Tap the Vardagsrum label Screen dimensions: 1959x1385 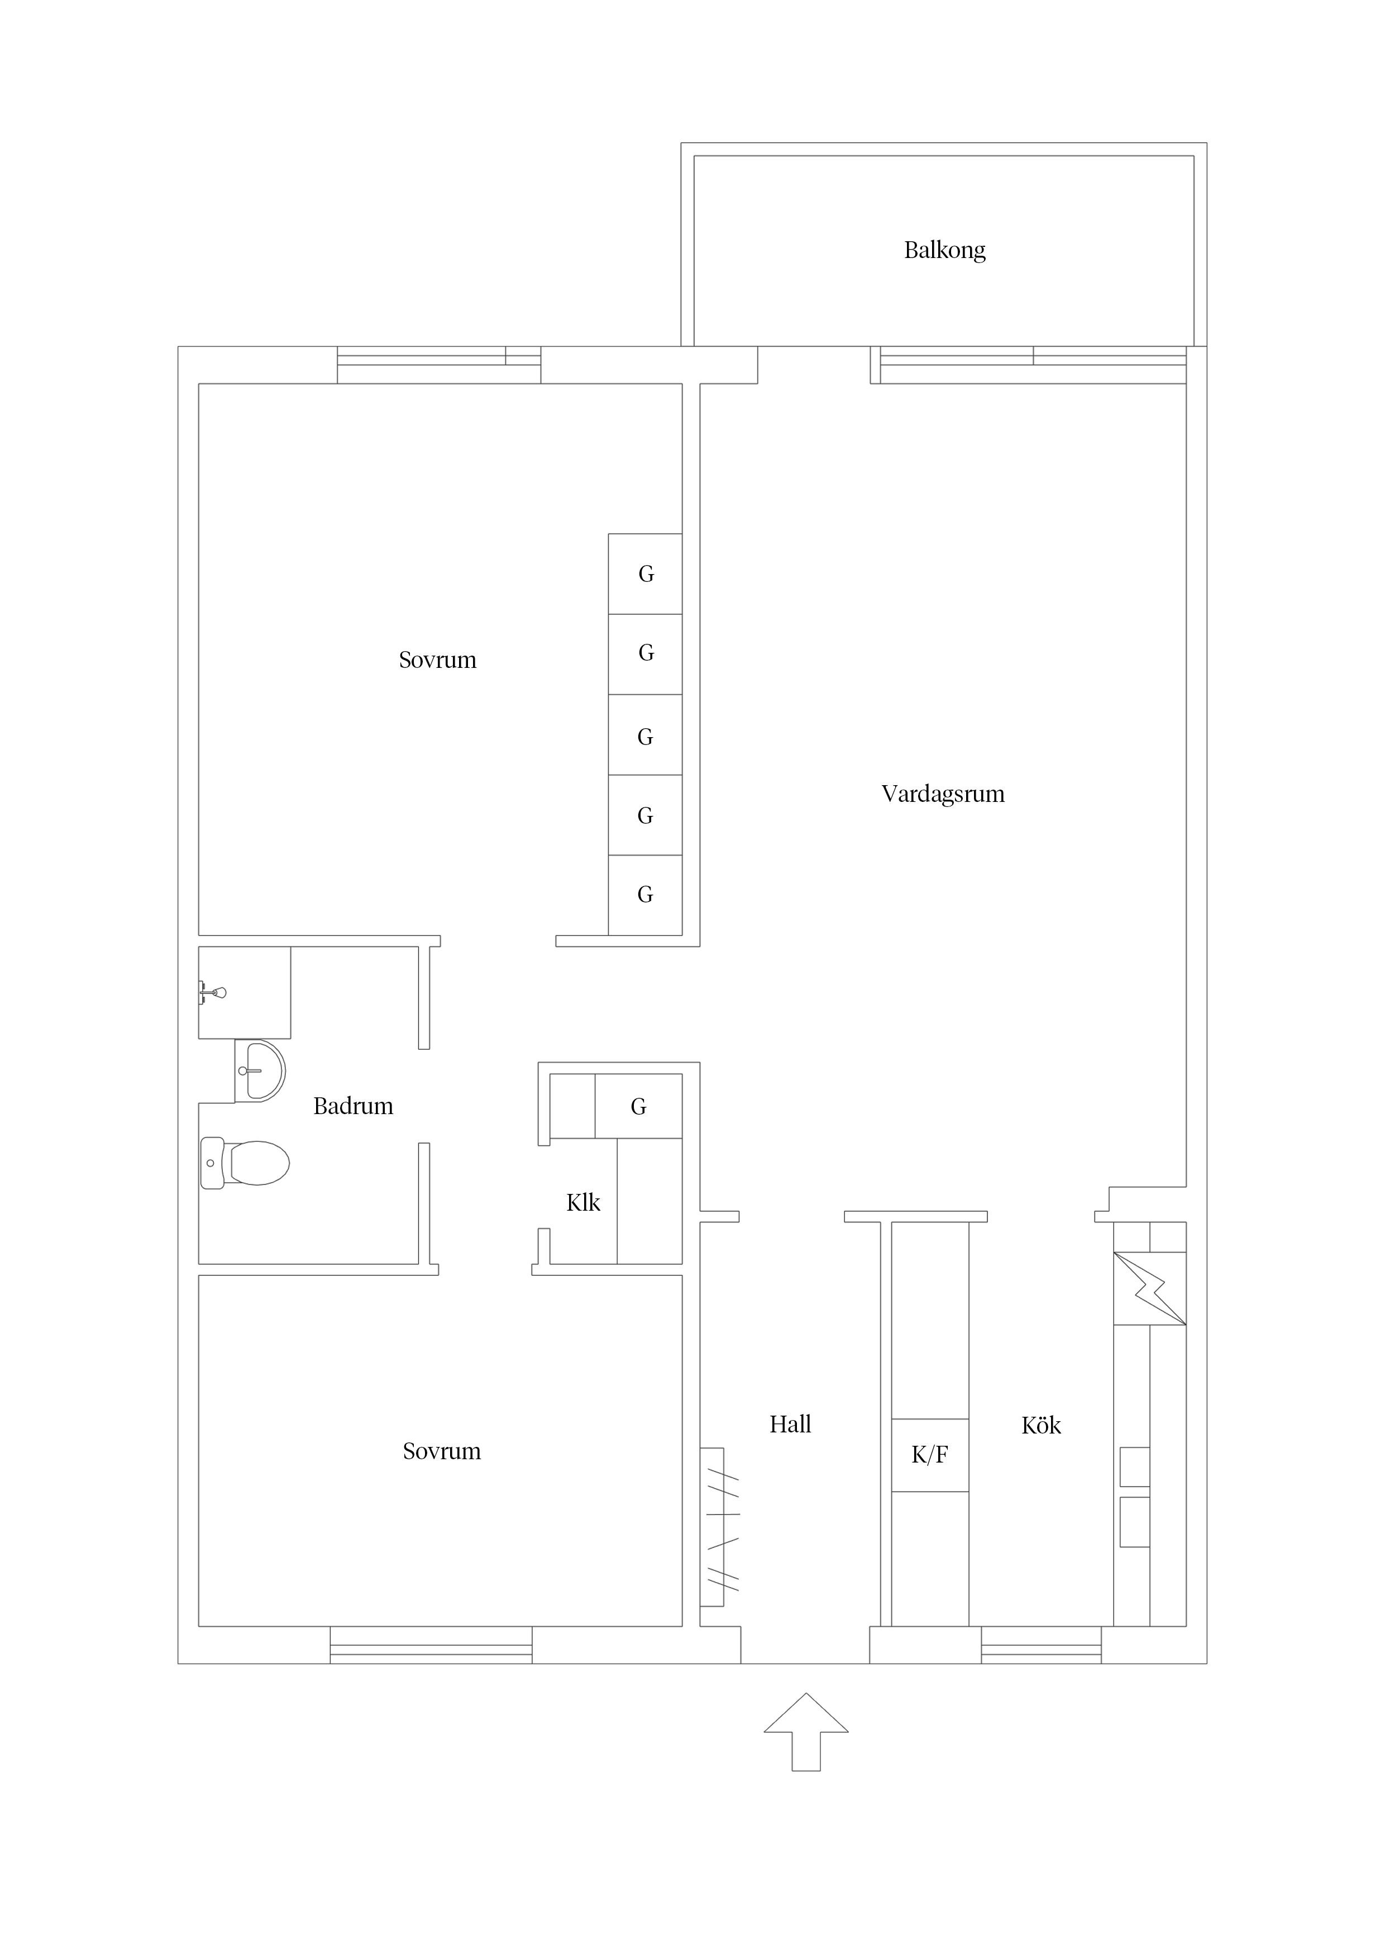(x=942, y=794)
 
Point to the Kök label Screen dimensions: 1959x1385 (x=1040, y=1426)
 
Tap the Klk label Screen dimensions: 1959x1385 (x=583, y=1203)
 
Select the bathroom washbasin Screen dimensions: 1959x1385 (x=260, y=1071)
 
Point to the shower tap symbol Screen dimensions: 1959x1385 (x=213, y=992)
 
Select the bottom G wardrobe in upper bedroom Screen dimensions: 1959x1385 (x=645, y=895)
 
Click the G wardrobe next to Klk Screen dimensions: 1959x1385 (x=638, y=1107)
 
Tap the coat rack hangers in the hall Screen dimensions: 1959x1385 (x=721, y=1524)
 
